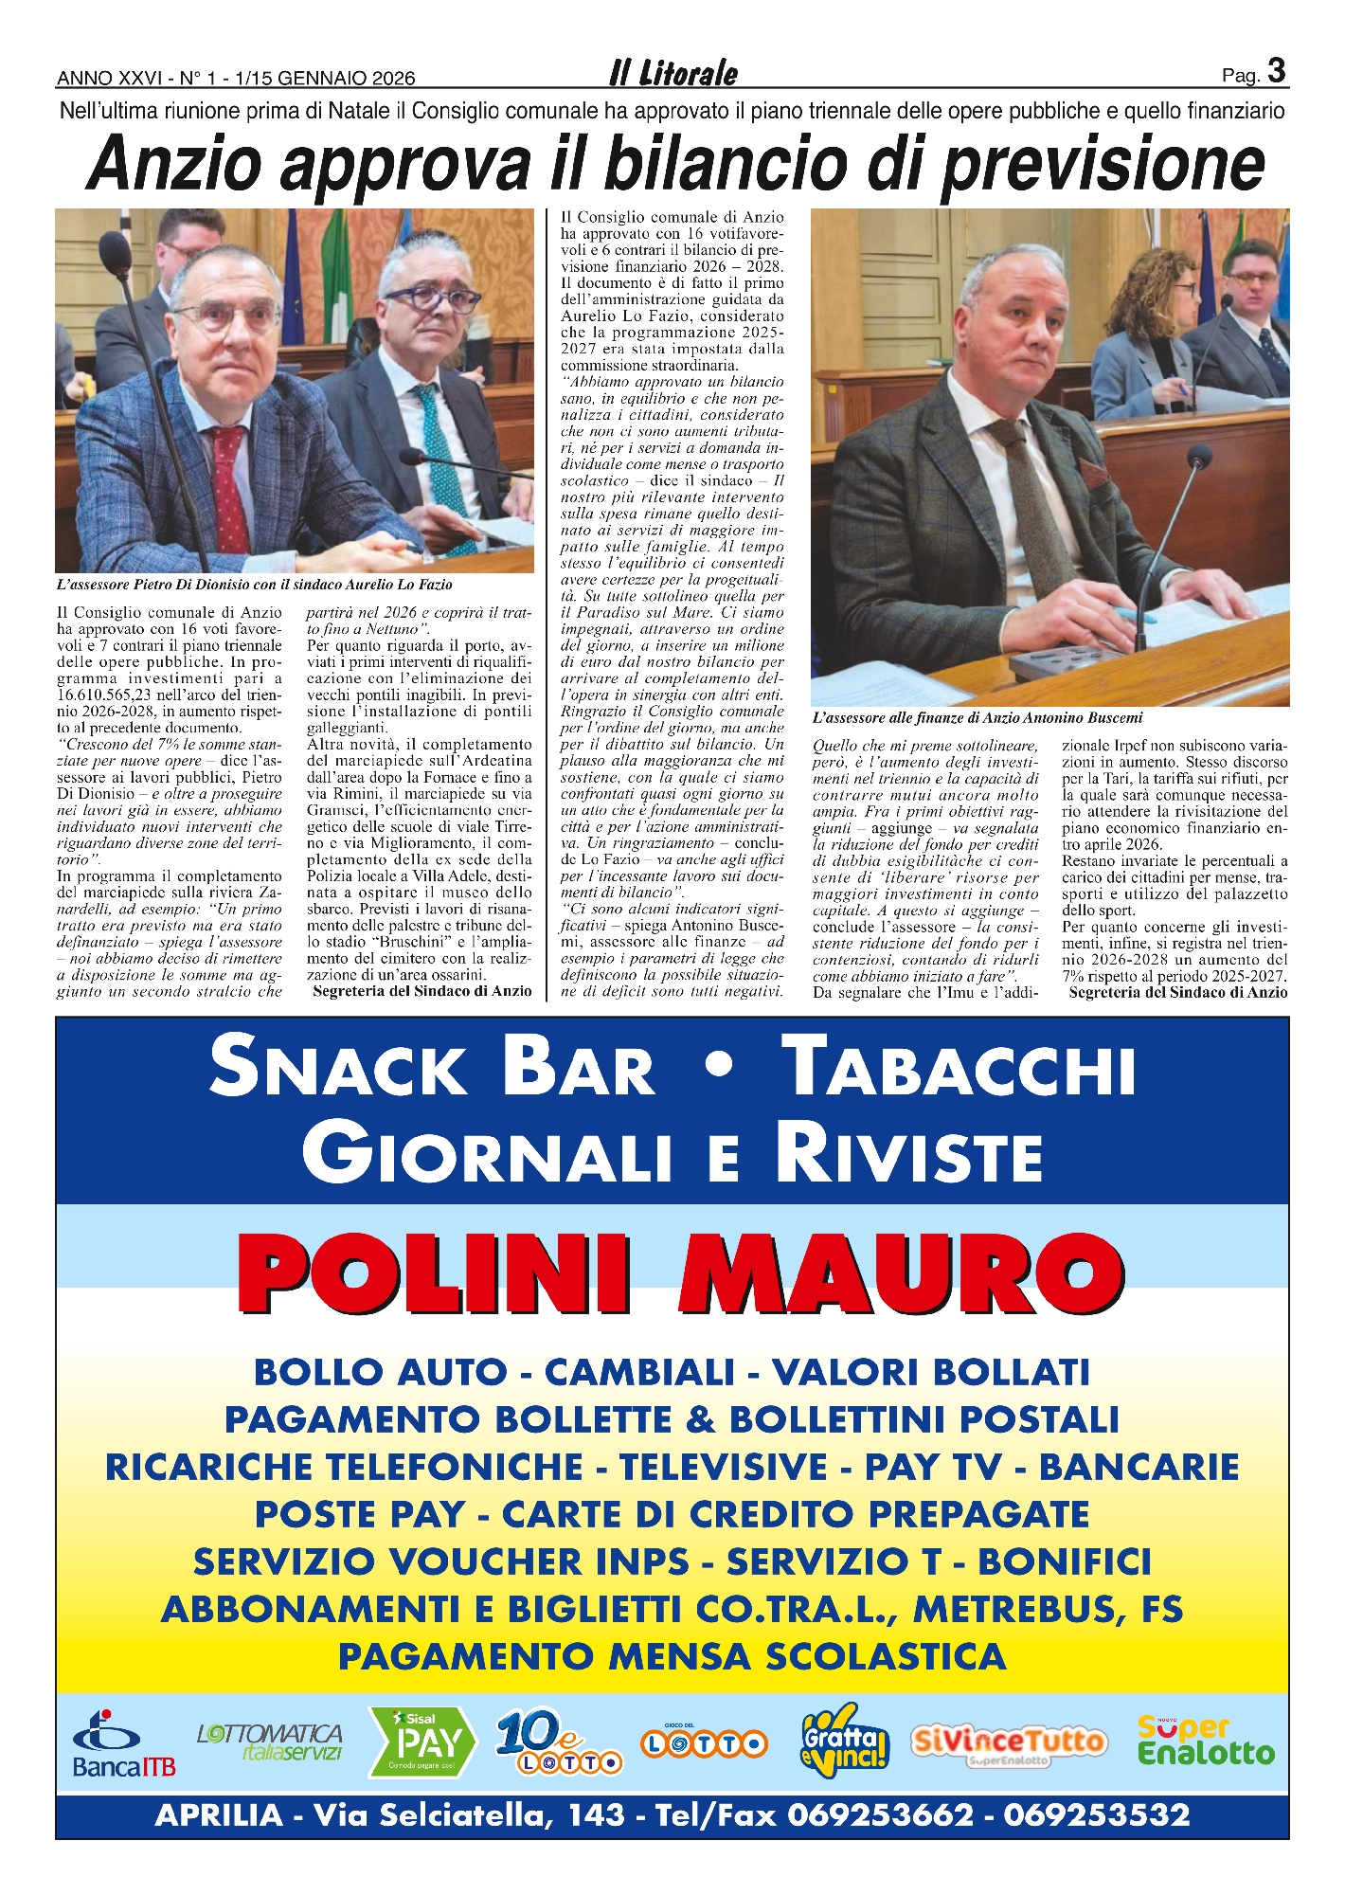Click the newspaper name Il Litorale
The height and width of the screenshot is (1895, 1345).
pyautogui.click(x=672, y=73)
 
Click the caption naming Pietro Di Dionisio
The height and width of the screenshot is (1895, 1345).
pyautogui.click(x=254, y=585)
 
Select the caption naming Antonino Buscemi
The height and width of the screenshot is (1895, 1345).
pyautogui.click(x=977, y=718)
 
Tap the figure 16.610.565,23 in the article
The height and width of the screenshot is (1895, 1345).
pyautogui.click(x=110, y=695)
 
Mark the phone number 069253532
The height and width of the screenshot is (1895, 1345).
pyautogui.click(x=1096, y=1815)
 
